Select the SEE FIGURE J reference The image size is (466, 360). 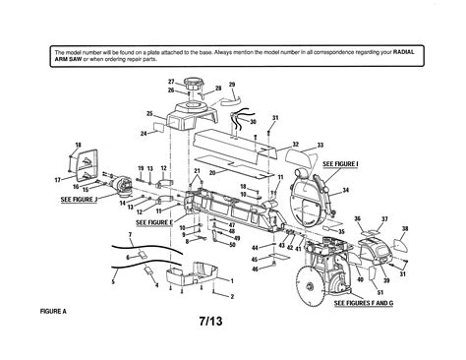[79, 199]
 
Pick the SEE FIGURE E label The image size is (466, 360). [154, 223]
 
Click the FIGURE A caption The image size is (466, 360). [50, 312]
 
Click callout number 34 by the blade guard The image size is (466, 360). [345, 189]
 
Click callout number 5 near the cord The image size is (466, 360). [112, 282]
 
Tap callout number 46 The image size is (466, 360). [256, 268]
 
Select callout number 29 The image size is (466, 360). [232, 86]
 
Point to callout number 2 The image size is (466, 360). [232, 295]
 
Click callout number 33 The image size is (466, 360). [319, 145]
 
